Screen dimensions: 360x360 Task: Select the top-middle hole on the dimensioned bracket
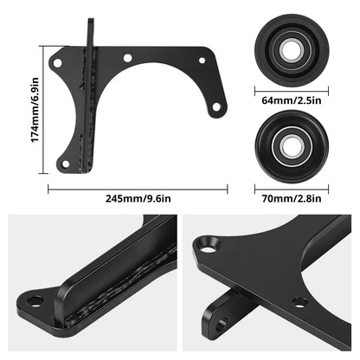(x=127, y=60)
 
